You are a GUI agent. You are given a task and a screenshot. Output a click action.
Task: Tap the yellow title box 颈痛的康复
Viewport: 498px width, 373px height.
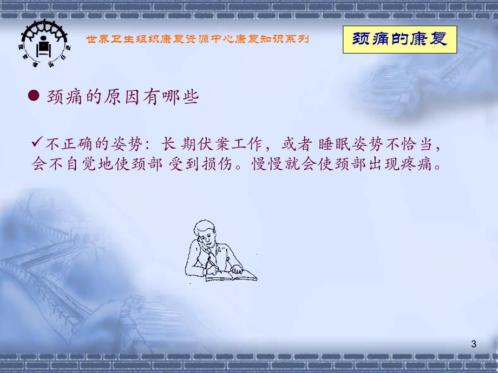tap(400, 39)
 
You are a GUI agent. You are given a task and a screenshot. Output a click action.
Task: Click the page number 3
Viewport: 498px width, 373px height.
tap(474, 344)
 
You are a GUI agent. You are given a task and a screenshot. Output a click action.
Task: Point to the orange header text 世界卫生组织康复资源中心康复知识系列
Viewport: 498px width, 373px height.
tap(198, 39)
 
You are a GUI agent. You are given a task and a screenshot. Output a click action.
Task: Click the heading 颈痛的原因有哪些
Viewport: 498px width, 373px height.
tap(122, 97)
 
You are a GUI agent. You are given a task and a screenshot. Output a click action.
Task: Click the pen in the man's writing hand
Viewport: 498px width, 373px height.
tap(208, 262)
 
